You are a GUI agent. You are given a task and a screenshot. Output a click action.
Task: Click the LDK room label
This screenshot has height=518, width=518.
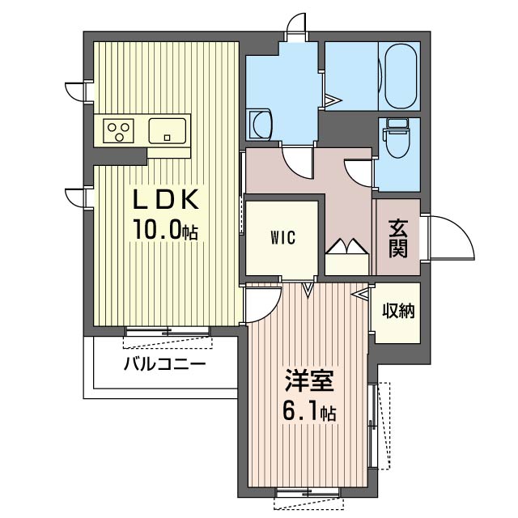[166, 199]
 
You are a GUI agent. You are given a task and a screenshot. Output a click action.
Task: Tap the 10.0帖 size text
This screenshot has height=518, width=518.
[165, 230]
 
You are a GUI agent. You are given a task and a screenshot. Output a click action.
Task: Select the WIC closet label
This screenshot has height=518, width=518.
[282, 237]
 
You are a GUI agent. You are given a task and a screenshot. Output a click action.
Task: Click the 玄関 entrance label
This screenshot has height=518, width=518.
[397, 239]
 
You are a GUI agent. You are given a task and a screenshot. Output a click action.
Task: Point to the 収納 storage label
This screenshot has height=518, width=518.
[398, 311]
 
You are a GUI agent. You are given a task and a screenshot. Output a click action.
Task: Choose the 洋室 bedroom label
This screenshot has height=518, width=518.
[309, 381]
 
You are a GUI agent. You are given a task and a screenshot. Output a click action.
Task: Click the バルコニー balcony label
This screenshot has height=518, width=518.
[164, 364]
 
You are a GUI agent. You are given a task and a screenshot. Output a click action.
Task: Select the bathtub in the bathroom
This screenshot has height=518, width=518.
[401, 76]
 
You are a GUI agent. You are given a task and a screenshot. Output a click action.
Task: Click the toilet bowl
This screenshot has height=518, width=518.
[398, 139]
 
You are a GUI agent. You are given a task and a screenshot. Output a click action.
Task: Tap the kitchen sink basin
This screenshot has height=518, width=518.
[168, 131]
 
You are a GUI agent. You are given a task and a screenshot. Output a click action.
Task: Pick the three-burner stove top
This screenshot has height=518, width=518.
[119, 131]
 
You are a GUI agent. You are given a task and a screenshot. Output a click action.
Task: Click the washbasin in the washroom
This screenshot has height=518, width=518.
[261, 125]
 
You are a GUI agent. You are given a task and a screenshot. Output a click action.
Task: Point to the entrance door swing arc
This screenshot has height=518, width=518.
[462, 228]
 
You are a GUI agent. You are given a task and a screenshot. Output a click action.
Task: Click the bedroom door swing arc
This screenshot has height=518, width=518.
[271, 311]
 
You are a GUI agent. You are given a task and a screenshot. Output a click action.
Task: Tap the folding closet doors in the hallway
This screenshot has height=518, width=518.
[347, 246]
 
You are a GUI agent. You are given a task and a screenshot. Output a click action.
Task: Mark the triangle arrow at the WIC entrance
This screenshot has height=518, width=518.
[308, 290]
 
